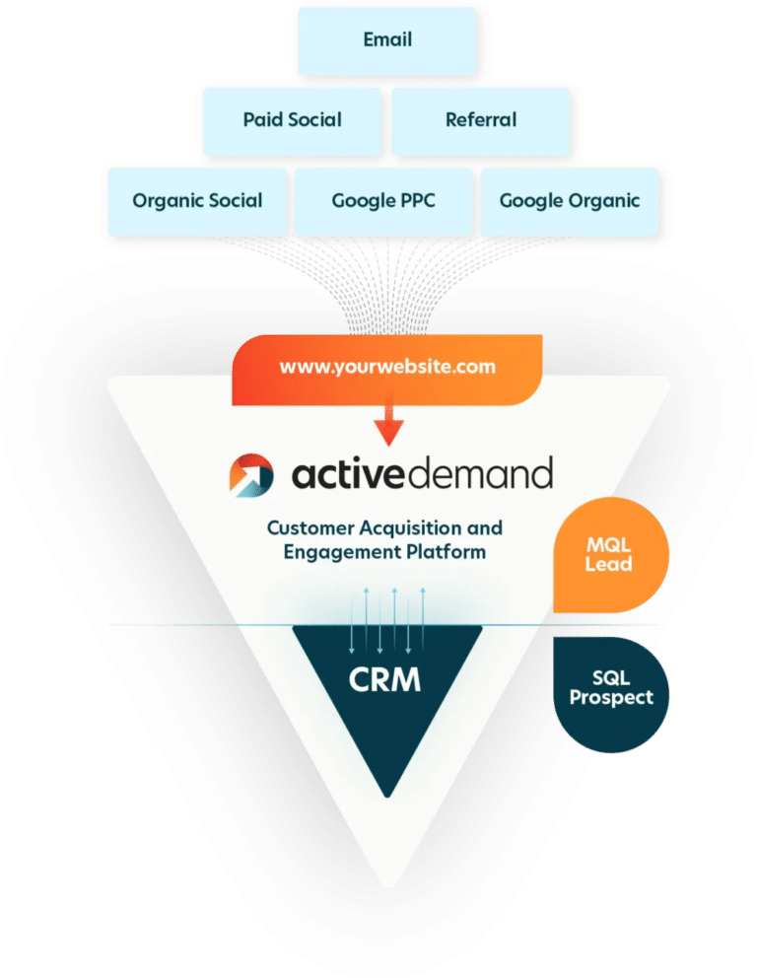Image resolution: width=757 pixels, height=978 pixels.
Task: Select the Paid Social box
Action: tap(292, 120)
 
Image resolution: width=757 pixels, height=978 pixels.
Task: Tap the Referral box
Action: tap(480, 120)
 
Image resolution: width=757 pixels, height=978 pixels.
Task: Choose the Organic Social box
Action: tap(197, 201)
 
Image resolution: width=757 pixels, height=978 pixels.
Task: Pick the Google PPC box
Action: tap(383, 201)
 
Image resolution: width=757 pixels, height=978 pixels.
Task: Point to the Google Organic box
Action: tap(569, 201)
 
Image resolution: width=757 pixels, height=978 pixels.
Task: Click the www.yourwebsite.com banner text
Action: tap(386, 368)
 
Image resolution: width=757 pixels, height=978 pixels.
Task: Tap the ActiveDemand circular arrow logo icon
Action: tap(252, 474)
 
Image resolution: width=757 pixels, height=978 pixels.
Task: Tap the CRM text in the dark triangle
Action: tap(384, 680)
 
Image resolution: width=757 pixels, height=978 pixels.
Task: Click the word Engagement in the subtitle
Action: tap(334, 552)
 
